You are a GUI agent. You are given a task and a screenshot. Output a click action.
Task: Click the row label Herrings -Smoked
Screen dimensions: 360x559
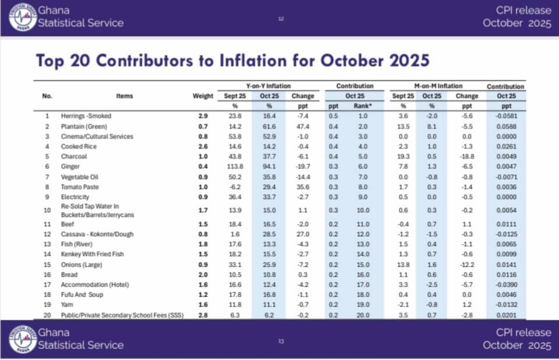86,116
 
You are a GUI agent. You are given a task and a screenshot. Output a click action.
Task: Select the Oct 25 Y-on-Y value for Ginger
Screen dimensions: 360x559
269,167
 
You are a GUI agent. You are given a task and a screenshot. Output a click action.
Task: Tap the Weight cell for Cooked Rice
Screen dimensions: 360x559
203,146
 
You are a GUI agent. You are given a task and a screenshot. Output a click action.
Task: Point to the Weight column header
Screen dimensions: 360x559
203,96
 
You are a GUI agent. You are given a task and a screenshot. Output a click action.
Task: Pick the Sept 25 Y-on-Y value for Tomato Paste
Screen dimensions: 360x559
236,187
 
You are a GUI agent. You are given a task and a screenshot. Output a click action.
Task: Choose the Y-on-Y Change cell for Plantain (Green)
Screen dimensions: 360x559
302,126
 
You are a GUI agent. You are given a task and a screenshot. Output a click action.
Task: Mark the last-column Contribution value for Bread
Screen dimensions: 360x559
505,274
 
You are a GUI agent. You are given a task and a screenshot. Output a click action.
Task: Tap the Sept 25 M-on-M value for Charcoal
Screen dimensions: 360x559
402,157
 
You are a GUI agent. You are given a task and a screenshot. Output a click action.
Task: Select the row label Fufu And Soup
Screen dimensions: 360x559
83,295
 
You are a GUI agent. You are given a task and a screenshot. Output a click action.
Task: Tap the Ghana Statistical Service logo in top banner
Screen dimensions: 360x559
22,17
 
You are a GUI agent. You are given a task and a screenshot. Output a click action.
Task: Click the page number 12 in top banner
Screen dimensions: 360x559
281,19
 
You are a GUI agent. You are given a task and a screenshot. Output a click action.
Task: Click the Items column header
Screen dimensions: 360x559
124,96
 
